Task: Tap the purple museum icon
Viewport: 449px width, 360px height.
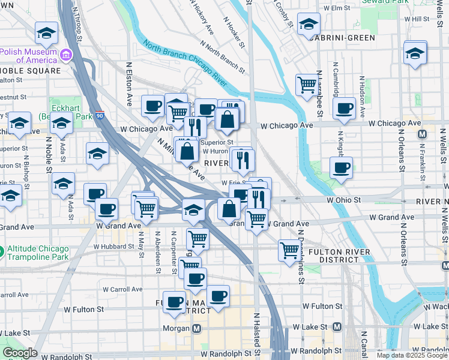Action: tap(67, 56)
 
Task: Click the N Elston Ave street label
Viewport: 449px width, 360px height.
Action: tap(128, 84)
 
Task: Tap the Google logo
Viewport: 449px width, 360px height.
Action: tap(20, 353)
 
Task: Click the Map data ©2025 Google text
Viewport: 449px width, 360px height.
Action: tap(412, 355)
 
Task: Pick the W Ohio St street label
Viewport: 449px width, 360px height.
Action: tap(343, 199)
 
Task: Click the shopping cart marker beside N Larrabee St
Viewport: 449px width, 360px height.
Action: tap(307, 85)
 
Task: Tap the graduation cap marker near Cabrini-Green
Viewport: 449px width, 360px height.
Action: tap(309, 25)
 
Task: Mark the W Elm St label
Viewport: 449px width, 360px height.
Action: tap(336, 8)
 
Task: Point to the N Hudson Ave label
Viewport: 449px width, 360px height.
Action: tap(363, 96)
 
